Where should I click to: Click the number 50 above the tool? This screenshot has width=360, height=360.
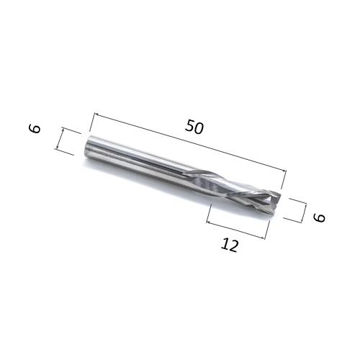194,127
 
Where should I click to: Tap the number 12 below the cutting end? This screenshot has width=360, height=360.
230,245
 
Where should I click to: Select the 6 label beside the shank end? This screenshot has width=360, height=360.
35,128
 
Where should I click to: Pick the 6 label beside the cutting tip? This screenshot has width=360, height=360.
319,217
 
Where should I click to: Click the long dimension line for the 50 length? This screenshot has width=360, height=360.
190,142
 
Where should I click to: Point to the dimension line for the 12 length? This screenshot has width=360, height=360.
235,230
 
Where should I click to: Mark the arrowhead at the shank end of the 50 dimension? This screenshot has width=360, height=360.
96,114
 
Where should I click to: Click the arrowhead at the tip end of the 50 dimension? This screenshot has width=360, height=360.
284,171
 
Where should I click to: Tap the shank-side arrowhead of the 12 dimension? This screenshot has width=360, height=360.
208,222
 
